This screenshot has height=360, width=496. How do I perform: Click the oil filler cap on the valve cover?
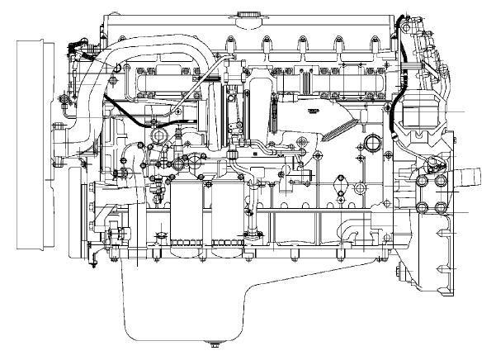pos(245,15)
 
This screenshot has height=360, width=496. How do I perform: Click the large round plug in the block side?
pos(371,145)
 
